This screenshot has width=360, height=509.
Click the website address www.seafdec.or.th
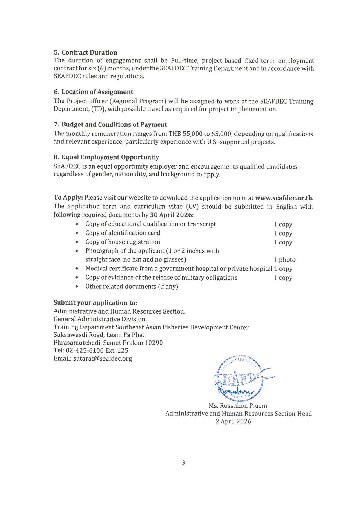(283, 198)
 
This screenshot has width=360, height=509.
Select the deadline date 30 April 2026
(171, 215)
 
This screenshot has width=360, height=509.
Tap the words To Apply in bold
(68, 198)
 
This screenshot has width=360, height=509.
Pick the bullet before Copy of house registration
(77, 242)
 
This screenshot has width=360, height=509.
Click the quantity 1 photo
(285, 260)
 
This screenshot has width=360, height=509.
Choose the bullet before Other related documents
(77, 287)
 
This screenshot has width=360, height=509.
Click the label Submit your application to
(95, 303)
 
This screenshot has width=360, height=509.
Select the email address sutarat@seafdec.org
(102, 359)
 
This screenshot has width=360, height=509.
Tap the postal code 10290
(154, 343)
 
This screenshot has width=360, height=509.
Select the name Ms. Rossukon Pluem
(238, 406)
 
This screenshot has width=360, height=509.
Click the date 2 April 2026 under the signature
(233, 421)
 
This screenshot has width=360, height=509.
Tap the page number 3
(183, 463)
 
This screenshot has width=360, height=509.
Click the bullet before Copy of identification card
(77, 233)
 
